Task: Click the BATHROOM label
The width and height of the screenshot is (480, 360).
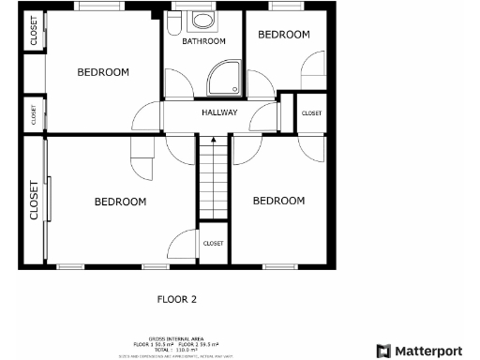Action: click(203, 41)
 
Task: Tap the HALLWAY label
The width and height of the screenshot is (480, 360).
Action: click(219, 113)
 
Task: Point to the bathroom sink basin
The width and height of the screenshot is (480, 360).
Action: click(202, 20)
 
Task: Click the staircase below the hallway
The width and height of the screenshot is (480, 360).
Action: click(213, 177)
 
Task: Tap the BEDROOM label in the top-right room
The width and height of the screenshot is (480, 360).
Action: click(283, 35)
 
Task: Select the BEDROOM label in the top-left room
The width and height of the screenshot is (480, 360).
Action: click(103, 72)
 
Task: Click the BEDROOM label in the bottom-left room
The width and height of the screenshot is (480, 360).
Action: click(120, 202)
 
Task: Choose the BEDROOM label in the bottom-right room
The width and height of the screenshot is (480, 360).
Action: click(278, 201)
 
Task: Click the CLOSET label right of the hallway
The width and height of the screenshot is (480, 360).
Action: click(311, 113)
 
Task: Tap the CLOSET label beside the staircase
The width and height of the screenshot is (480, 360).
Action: click(213, 244)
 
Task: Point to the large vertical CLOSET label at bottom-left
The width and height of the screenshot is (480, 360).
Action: click(35, 200)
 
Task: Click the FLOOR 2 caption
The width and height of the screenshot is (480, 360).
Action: click(176, 300)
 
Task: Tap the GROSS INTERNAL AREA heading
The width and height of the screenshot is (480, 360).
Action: click(175, 339)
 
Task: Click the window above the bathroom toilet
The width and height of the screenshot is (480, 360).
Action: click(178, 7)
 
